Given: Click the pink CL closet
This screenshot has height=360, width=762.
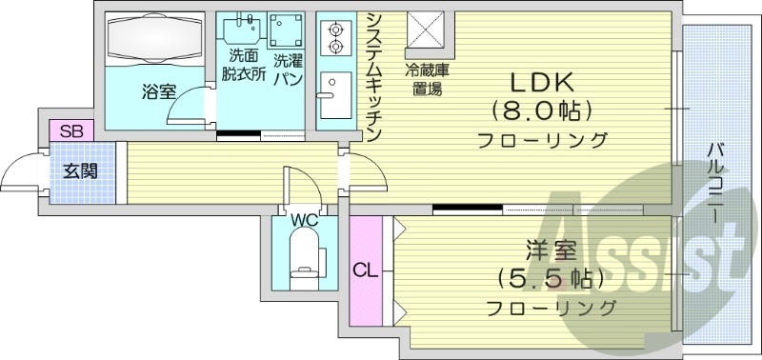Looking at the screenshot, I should point(365,270).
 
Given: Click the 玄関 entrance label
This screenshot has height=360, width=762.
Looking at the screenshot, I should point(79,172).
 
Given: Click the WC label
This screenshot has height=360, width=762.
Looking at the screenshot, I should point(304,221).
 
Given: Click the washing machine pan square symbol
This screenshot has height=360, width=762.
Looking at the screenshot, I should point(286,31).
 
